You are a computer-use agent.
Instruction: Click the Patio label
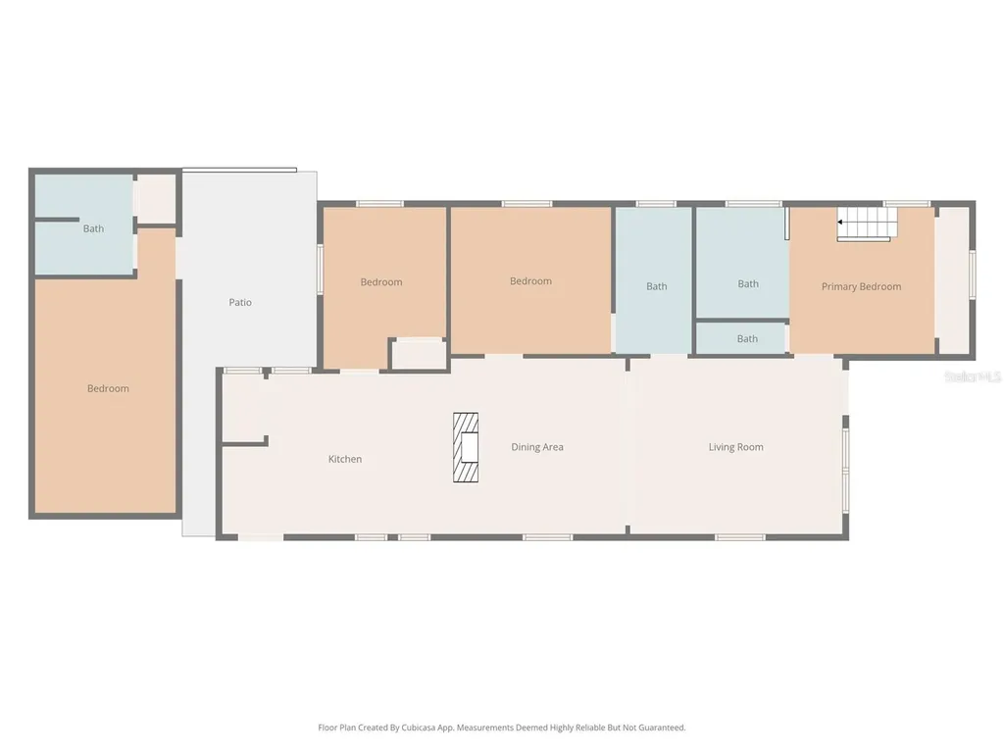coord(240,302)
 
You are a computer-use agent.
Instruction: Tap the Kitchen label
coord(345,459)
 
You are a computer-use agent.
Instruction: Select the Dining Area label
coord(537,447)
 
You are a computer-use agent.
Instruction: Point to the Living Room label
coord(735,447)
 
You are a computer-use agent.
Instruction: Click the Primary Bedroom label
coord(861,287)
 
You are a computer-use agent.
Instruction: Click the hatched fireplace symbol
coord(466,447)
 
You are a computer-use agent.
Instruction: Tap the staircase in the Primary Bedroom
coord(864,225)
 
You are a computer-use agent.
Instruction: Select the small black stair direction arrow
coord(840,223)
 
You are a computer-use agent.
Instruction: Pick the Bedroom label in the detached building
coord(108,388)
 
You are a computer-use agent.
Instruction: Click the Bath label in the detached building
coord(93,228)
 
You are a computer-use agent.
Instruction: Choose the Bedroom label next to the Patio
coord(381,281)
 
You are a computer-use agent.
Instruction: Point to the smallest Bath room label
coord(747,338)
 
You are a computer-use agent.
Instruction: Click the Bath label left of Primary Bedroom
coord(748,283)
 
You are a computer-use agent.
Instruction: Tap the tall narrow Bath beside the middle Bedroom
coord(654,279)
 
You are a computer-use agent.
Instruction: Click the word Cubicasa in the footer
coord(420,728)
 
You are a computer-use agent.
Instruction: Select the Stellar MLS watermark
coord(973,377)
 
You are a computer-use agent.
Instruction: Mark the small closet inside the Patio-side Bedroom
coord(419,353)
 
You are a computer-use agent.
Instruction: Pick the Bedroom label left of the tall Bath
coord(530,281)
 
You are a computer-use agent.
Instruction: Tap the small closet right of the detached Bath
coord(156,198)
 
